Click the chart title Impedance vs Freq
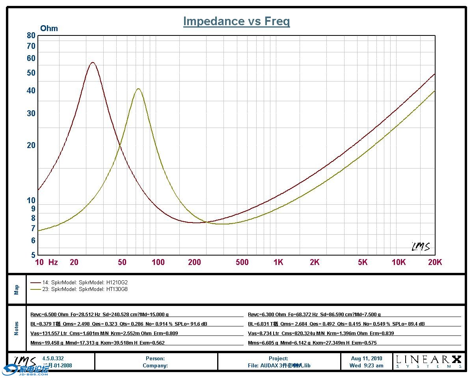[236, 21]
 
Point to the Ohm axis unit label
[49, 28]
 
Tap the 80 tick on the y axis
[31, 35]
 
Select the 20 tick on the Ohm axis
[31, 145]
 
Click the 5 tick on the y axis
[33, 255]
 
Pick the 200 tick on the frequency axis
[195, 262]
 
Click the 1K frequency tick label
[278, 262]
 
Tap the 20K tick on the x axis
[435, 262]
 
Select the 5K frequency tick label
[363, 262]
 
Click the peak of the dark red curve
[93, 62]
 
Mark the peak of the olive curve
[138, 89]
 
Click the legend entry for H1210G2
[79, 282]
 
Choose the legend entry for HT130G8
[79, 289]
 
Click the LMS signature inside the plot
[421, 246]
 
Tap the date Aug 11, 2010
[366, 358]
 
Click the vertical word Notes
[17, 328]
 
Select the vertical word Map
[17, 290]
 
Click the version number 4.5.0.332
[53, 358]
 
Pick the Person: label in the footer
[155, 358]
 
